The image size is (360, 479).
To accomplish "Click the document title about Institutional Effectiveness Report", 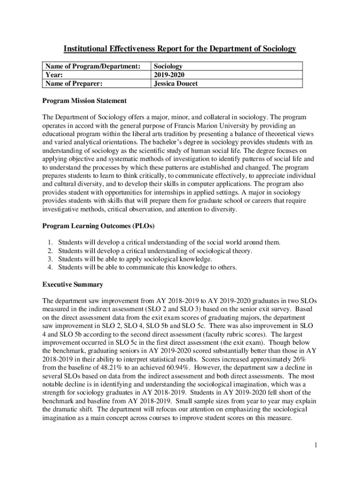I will tap(180, 49).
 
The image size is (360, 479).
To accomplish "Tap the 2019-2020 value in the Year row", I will tap(168, 75).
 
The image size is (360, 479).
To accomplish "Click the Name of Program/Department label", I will tap(92, 67).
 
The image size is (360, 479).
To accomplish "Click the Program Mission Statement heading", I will tap(85, 101).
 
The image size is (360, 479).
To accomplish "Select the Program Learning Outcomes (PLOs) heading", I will tap(99, 226).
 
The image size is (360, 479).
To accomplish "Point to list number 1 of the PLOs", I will tap(50, 242).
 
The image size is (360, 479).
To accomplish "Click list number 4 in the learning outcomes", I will tap(50, 268).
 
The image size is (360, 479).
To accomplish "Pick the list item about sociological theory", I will tap(155, 251).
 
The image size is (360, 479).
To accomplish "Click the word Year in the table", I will tap(53, 75).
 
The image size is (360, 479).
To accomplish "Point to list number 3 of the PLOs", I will tap(50, 259).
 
